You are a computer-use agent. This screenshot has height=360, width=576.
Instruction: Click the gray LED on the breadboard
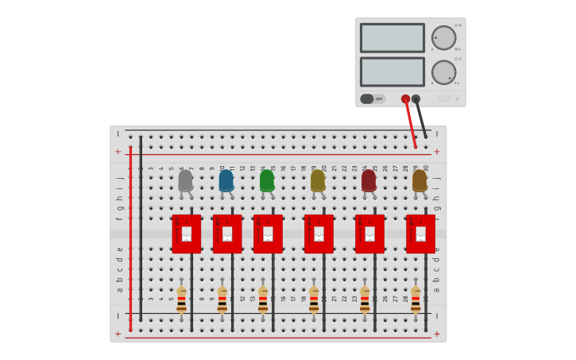(185, 181)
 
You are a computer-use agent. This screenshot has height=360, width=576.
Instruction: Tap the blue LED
(226, 181)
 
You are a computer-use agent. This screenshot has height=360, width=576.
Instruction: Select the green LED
(267, 181)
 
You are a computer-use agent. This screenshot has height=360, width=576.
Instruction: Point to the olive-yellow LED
(318, 181)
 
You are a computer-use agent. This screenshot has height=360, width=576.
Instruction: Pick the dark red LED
(369, 181)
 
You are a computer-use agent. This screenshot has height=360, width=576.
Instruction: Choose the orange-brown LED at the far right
(419, 181)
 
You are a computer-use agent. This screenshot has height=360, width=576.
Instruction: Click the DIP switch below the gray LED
(187, 234)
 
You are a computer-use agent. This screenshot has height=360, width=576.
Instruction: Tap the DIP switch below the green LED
(268, 234)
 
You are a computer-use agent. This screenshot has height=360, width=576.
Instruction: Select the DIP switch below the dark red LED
(369, 234)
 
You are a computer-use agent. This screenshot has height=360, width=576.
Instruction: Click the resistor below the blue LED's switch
(222, 300)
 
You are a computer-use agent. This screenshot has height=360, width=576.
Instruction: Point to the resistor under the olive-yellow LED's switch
(314, 300)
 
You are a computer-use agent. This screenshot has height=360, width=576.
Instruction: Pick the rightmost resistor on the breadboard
(416, 300)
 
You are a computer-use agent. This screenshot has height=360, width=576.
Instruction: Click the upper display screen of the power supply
(392, 37)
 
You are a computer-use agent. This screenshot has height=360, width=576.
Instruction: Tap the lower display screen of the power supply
(392, 72)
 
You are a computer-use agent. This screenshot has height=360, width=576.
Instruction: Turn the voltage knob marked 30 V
(443, 37)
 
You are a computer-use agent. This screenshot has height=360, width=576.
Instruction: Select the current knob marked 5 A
(443, 72)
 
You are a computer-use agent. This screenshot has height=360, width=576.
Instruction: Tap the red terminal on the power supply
(406, 99)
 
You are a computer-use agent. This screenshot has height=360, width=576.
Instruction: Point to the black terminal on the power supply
(416, 99)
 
